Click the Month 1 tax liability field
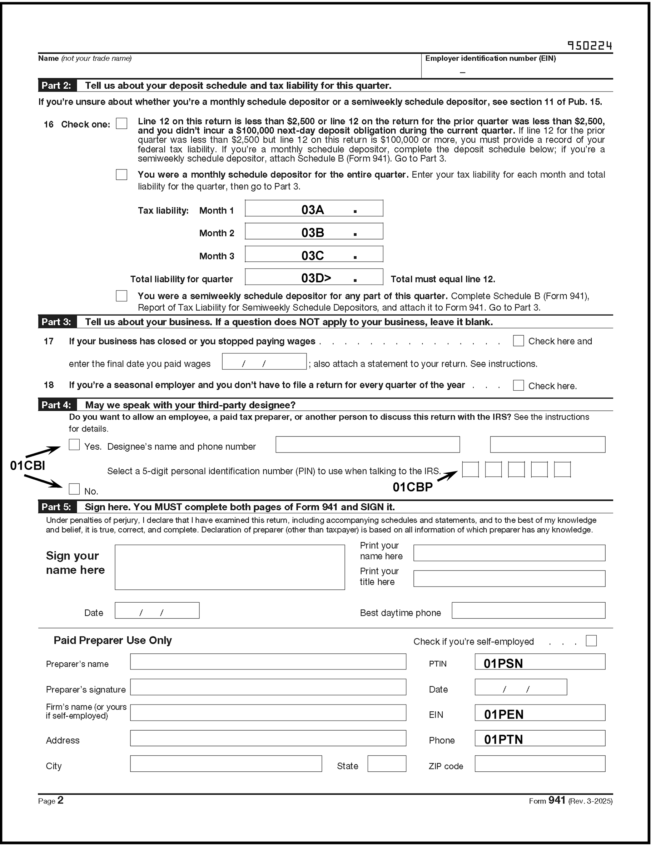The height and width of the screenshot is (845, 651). [x=314, y=208]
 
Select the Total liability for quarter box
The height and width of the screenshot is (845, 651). [x=314, y=277]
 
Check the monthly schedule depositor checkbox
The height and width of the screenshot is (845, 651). [x=121, y=174]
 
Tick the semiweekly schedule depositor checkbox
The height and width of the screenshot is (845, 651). [x=121, y=296]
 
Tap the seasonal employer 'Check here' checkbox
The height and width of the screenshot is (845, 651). [x=518, y=385]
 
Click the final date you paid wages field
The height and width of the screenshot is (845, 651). [x=264, y=362]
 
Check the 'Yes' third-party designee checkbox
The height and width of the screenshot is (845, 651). [x=74, y=445]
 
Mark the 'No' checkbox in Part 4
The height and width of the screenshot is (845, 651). [x=74, y=489]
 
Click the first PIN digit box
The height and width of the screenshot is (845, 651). [x=470, y=469]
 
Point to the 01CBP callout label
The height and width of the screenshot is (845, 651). [x=412, y=487]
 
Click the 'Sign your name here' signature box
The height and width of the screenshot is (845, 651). [x=230, y=567]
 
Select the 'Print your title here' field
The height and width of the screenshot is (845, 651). [x=509, y=578]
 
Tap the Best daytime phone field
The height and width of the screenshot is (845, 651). [x=528, y=611]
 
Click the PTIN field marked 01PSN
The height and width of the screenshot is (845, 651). [x=540, y=662]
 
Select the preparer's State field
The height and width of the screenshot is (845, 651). [x=387, y=764]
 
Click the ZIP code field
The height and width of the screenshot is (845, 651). [x=540, y=764]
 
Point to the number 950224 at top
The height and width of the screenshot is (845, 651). [x=590, y=46]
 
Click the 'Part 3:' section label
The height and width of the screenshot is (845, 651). [x=56, y=322]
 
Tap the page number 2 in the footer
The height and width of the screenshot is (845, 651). [x=60, y=800]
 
